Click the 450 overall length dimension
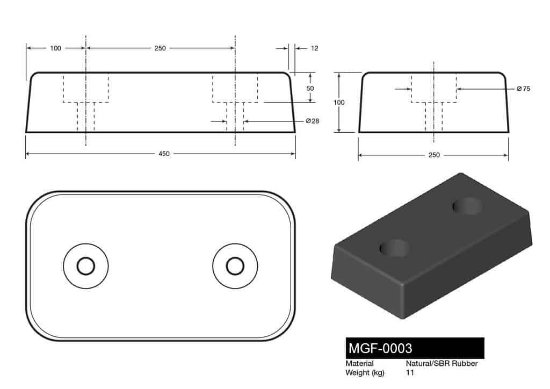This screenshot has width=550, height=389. pyautogui.click(x=164, y=154)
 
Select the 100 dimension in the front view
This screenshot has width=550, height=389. pyautogui.click(x=55, y=48)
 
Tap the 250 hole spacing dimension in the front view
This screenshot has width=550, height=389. pyautogui.click(x=160, y=48)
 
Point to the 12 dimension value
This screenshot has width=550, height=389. pyautogui.click(x=314, y=48)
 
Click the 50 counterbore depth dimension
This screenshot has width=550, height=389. pyautogui.click(x=310, y=88)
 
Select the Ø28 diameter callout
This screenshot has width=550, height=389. pyautogui.click(x=312, y=121)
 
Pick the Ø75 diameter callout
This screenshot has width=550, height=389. pyautogui.click(x=523, y=89)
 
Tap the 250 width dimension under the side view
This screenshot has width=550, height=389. pyautogui.click(x=434, y=155)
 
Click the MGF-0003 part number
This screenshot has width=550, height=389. pyautogui.click(x=381, y=348)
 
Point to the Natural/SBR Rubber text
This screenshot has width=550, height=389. pyautogui.click(x=442, y=364)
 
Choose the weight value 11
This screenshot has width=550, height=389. pyautogui.click(x=410, y=373)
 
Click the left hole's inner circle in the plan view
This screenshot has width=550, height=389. pyautogui.click(x=85, y=266)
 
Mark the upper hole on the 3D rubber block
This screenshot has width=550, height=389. pyautogui.click(x=467, y=206)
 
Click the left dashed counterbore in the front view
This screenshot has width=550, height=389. pyautogui.click(x=86, y=87)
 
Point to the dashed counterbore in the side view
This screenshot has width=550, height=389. pyautogui.click(x=434, y=87)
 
